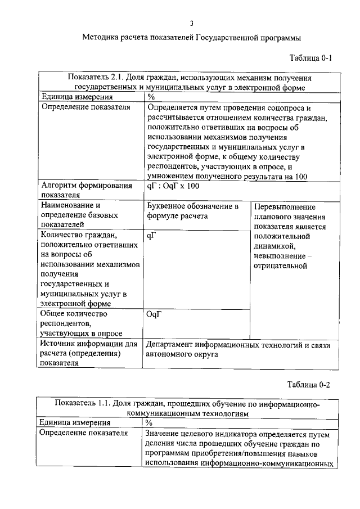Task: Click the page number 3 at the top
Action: coord(192,23)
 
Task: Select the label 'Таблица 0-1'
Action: coord(309,58)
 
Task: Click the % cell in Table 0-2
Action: coord(149,422)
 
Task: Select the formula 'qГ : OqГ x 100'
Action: coord(173,186)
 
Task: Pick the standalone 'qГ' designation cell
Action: coord(151,236)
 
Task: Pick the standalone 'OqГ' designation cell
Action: coord(154,315)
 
